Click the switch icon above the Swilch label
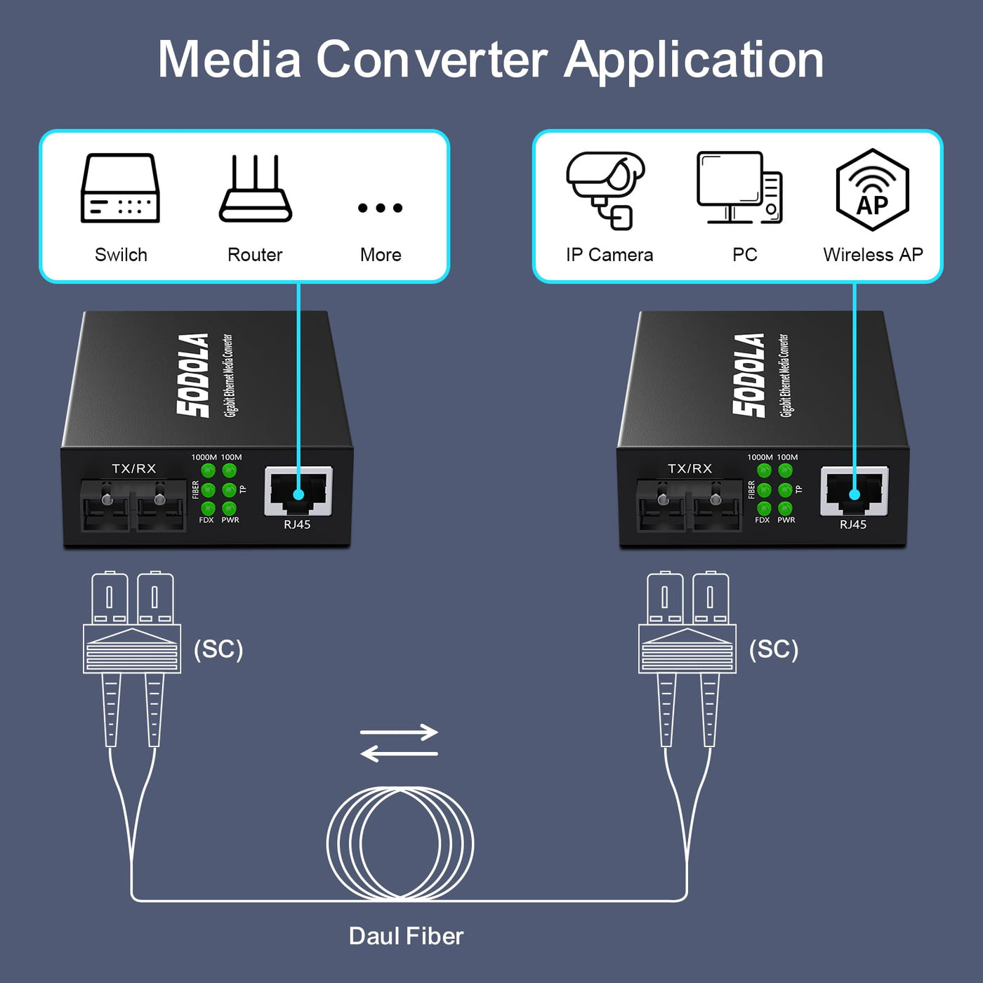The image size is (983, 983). point(120,188)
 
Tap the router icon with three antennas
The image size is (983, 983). point(255,188)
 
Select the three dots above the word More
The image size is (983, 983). point(380,208)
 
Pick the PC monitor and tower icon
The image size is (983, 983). point(739,187)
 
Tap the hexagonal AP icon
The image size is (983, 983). point(873,190)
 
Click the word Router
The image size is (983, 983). point(255,255)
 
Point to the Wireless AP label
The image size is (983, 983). point(873,255)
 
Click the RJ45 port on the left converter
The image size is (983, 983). point(298,491)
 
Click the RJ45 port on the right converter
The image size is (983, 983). point(855,491)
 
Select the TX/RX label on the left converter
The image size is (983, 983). point(133,468)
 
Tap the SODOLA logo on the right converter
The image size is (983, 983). point(749,376)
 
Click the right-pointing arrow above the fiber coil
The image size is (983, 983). point(399,732)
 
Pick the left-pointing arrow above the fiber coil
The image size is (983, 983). point(399,753)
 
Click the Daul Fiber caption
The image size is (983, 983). point(406,936)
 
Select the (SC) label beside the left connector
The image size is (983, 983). point(218,649)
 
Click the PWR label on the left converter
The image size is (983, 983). point(230,520)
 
